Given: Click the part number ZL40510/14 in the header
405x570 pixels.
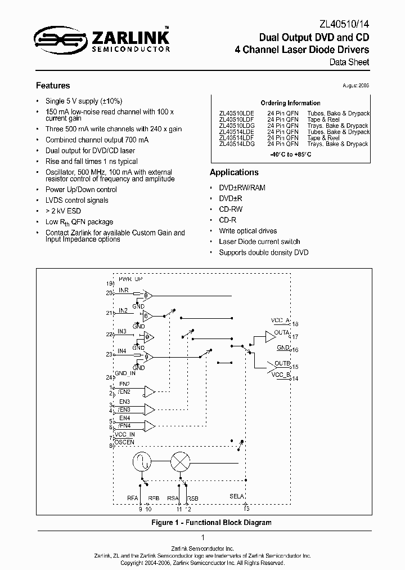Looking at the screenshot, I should [345, 24].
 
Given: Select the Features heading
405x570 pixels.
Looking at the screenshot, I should [53, 86].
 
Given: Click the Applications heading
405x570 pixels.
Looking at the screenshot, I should [234, 172].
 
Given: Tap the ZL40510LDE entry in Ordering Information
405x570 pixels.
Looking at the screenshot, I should [237, 113].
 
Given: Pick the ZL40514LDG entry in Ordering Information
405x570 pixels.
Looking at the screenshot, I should [237, 144].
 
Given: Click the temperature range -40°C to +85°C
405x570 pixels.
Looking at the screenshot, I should [290, 154].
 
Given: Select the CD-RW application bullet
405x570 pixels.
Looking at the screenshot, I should [231, 210].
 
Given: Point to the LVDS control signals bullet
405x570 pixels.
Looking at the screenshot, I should [77, 200].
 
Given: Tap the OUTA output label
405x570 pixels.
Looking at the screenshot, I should [282, 332].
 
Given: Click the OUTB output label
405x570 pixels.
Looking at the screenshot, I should [282, 363].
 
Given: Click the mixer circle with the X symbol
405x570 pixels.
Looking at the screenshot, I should [180, 462].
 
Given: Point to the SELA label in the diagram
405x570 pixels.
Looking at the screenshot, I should [237, 496].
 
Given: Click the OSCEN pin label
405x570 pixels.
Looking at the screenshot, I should [125, 442].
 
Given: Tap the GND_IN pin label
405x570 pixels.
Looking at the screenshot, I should [125, 373].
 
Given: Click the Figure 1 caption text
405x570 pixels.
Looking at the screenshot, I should [211, 522].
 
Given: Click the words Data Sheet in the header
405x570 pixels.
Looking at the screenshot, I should [349, 62].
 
